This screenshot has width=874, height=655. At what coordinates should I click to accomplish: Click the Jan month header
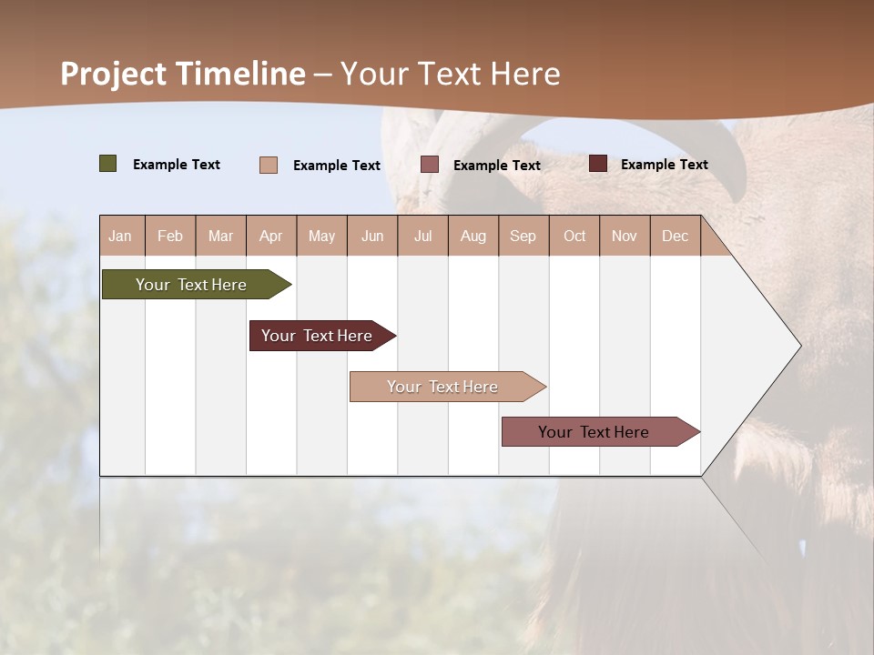(121, 236)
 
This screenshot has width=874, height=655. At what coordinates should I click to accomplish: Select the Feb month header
(170, 236)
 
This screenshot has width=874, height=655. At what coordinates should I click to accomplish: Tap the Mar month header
(220, 236)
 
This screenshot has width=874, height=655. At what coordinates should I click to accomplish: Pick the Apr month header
(271, 236)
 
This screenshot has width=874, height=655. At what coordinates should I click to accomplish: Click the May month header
(321, 236)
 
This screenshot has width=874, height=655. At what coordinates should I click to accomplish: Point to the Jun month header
(372, 236)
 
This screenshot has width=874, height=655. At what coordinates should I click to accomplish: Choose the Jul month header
(422, 236)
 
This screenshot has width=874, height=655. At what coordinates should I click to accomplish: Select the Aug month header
(473, 236)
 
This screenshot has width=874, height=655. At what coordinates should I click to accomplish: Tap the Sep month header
(523, 236)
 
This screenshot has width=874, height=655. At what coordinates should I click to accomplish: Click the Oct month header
(574, 236)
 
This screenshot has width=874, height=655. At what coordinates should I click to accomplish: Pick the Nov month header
(625, 236)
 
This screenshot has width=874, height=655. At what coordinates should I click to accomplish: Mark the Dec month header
(676, 236)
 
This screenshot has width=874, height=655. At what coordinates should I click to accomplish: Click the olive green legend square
(108, 164)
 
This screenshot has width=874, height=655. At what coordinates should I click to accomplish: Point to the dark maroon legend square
(598, 164)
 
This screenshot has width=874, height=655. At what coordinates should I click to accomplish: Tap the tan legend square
(269, 165)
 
